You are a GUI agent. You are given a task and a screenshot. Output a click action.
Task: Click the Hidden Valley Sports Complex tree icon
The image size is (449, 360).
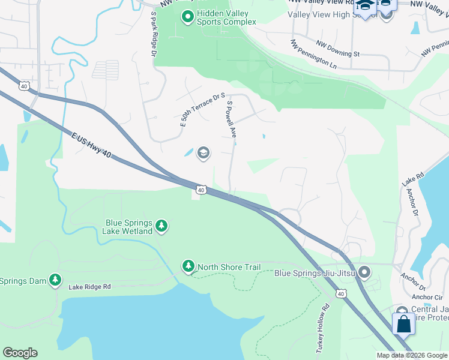[187, 17]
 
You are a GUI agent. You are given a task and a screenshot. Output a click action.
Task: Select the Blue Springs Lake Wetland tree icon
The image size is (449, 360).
[161, 226]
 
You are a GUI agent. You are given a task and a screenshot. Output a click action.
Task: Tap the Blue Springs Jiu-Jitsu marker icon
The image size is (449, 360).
[364, 274]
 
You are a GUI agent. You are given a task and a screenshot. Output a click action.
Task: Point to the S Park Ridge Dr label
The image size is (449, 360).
[154, 36]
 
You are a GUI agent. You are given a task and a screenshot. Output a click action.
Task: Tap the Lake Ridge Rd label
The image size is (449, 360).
[90, 287]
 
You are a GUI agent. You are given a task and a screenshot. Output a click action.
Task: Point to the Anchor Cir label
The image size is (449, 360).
[427, 297]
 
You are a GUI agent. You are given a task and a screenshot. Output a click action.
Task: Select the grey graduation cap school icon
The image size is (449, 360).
[203, 152]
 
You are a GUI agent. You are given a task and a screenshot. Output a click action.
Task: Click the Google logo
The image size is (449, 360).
[20, 353]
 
